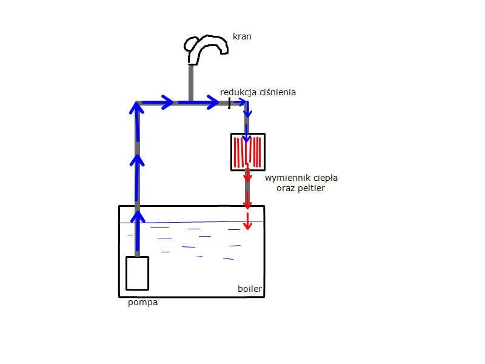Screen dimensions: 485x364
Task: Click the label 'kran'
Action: [x=242, y=36]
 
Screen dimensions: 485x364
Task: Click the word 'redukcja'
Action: [x=238, y=92]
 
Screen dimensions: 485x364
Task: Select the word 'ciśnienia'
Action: [x=278, y=92]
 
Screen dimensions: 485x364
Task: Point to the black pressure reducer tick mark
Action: [x=229, y=103]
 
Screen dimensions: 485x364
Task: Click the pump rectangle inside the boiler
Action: [x=138, y=274]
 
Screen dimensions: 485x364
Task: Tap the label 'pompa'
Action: [x=143, y=302]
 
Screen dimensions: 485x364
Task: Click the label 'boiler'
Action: [x=250, y=289]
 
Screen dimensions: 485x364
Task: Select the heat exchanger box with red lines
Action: [x=248, y=152]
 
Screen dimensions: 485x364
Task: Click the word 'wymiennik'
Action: [x=288, y=178]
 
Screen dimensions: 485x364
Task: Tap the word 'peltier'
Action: [x=310, y=188]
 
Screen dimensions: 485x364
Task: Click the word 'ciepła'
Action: [x=326, y=178]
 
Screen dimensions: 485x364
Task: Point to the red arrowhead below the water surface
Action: [x=247, y=225]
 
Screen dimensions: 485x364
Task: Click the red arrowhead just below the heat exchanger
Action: [x=247, y=177]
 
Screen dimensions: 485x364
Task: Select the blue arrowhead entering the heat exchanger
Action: [x=247, y=138]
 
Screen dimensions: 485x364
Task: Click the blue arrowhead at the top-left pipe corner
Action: [x=136, y=108]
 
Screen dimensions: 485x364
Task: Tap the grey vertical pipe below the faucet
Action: [x=191, y=83]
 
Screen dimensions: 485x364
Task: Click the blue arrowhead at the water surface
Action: [x=138, y=217]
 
